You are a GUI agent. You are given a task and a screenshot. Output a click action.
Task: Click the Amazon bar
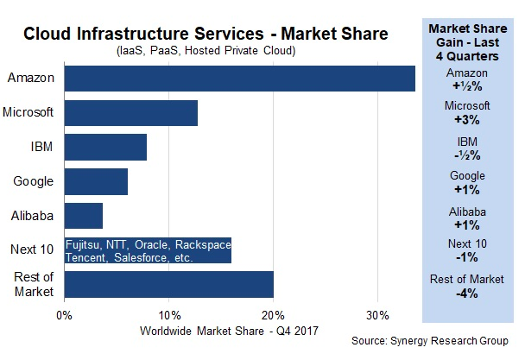[239, 78]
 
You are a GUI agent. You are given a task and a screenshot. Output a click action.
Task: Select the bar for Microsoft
[131, 113]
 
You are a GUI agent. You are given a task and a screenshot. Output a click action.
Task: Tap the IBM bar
[105, 147]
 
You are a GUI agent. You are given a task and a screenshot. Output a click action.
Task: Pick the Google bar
[96, 181]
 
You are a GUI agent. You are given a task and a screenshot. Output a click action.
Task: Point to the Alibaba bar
[84, 215]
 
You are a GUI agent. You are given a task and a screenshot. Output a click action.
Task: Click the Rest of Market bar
[169, 283]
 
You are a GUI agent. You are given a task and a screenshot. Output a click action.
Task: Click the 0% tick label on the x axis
[65, 313]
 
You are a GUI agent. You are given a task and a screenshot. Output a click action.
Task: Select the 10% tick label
[168, 313]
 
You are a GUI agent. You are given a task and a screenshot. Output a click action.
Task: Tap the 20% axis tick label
[273, 313]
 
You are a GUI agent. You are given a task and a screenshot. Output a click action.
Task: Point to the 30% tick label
[377, 313]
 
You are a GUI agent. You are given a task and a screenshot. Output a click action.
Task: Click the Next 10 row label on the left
[33, 249]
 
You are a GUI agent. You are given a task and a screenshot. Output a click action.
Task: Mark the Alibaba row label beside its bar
[33, 215]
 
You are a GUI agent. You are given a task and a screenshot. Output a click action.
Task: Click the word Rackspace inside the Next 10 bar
[202, 243]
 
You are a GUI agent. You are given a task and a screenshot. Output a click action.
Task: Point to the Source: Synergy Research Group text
[430, 341]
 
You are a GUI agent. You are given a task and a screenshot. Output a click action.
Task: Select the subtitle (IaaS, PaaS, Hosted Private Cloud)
[207, 52]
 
